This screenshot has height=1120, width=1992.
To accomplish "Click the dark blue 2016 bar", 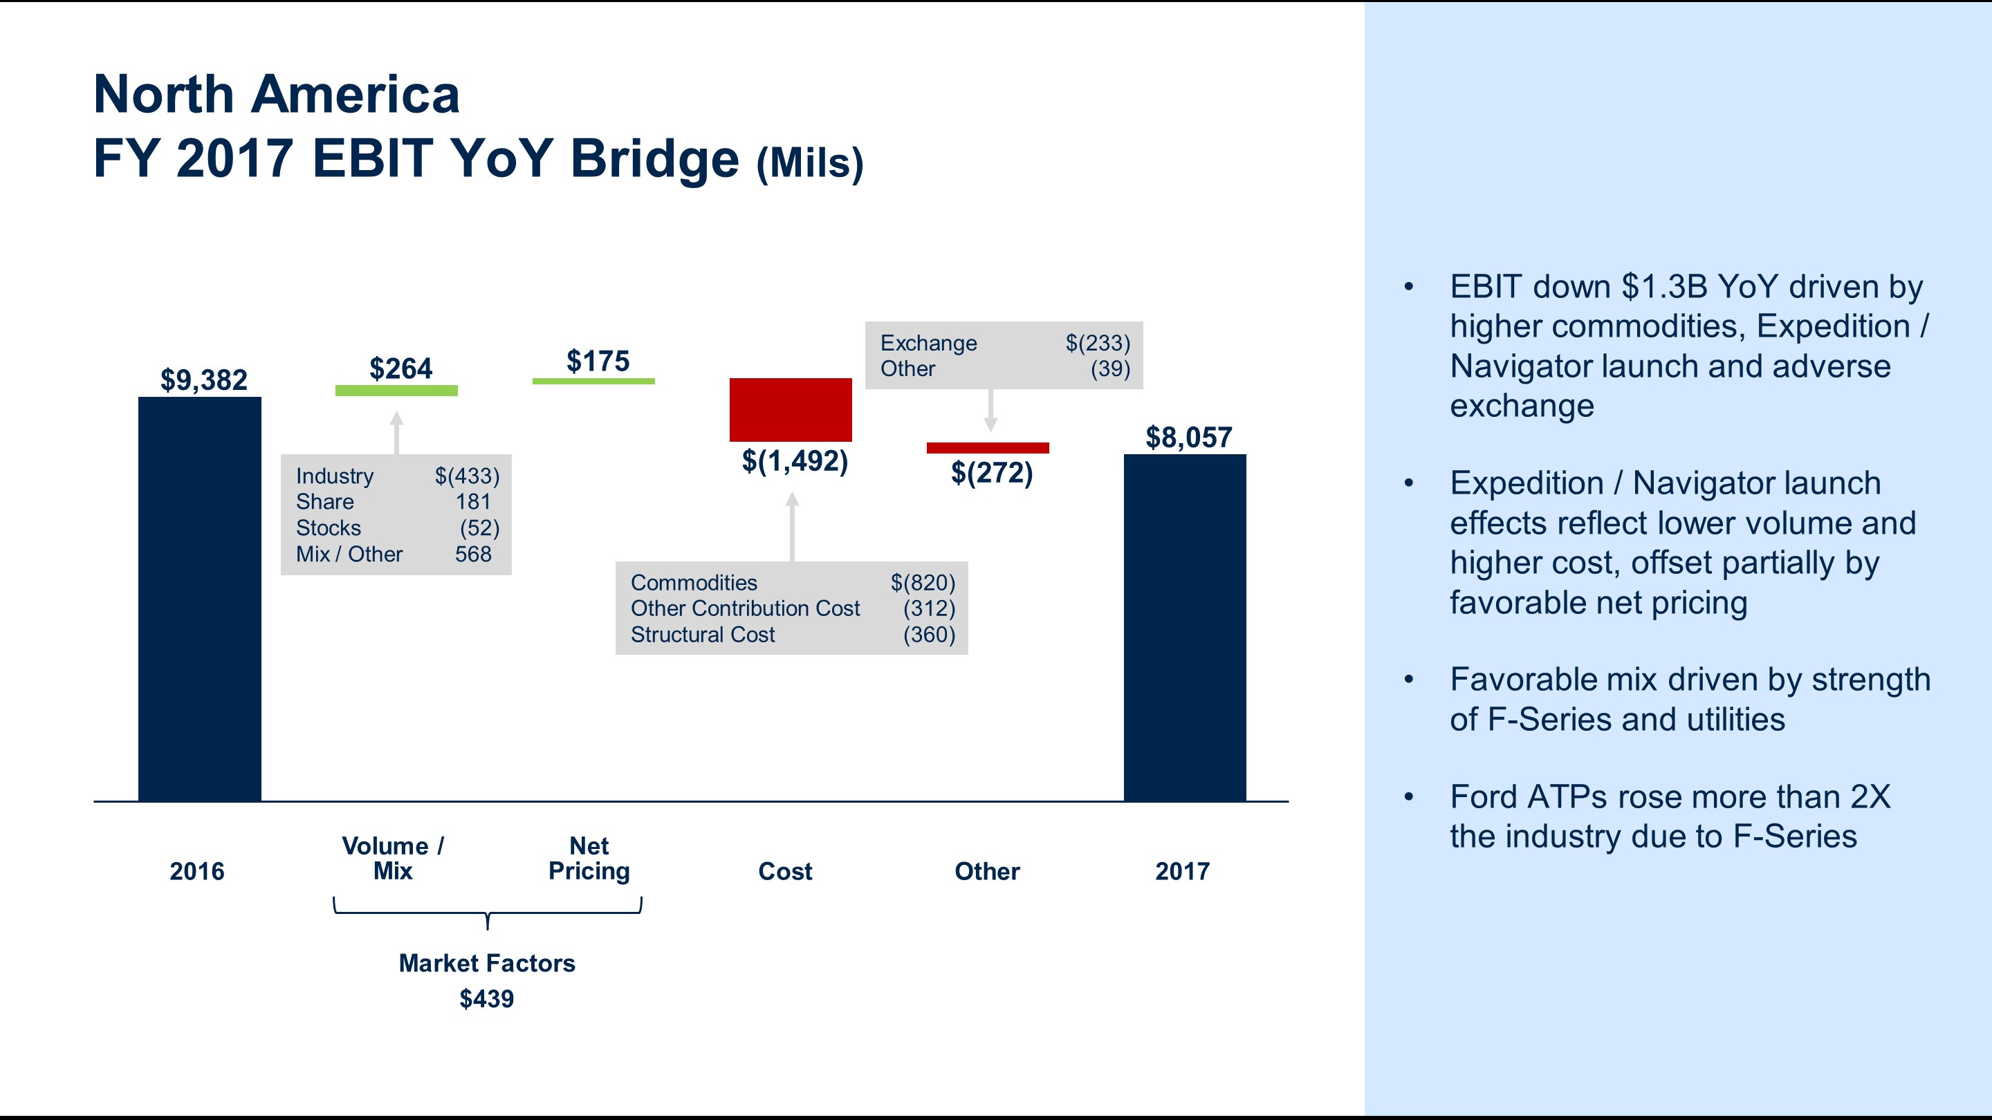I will tap(199, 599).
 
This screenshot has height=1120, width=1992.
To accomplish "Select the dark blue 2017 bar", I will tap(1185, 628).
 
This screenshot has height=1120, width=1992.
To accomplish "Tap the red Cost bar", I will tap(791, 410).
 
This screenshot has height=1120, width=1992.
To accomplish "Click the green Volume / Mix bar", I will tap(396, 391).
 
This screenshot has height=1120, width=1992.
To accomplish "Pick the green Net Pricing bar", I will tap(593, 381).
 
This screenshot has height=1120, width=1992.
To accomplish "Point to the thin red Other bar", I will tap(988, 448).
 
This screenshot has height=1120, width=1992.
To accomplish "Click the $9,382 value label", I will tap(203, 380).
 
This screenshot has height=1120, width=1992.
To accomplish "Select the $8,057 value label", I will tap(1188, 438).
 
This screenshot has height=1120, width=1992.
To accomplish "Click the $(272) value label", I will tap(991, 472).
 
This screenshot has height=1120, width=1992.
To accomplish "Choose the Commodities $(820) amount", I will tap(923, 583).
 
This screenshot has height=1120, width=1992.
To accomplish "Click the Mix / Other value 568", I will tap(473, 554).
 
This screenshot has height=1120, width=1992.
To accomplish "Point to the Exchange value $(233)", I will tap(1097, 343).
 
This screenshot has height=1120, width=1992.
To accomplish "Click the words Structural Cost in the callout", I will tap(702, 635).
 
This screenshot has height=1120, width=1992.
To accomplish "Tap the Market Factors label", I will tap(486, 963).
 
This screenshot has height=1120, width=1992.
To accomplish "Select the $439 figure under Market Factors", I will tap(486, 998).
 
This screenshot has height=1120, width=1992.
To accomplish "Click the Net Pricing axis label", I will tap(589, 858).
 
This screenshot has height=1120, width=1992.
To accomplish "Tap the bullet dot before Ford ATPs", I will tap(1408, 797).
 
